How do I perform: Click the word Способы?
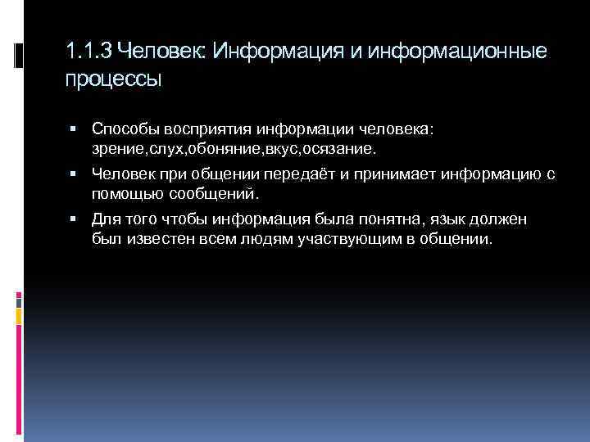click(124, 129)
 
